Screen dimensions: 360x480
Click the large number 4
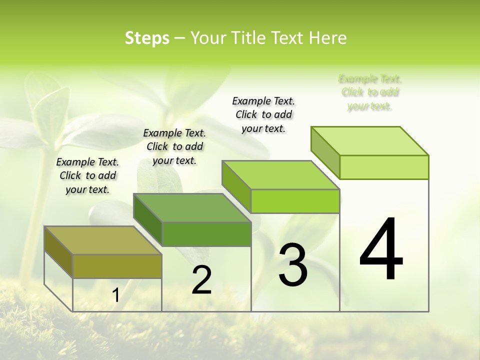tap(381, 250)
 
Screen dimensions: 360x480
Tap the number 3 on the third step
tap(293, 264)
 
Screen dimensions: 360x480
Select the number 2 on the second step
tap(202, 280)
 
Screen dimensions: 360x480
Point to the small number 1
tap(115, 295)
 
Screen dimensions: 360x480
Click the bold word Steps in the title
tap(147, 38)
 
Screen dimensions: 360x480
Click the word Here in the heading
tap(328, 38)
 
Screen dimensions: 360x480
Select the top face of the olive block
tap(102, 240)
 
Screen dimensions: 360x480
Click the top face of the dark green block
tap(192, 208)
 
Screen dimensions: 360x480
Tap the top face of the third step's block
tap(280, 175)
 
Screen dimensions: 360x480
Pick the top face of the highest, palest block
tap(370, 141)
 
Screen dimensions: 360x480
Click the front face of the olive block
tap(117, 266)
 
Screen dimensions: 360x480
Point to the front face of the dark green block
tap(206, 234)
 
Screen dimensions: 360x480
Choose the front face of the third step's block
tap(295, 201)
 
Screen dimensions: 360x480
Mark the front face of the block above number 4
tap(384, 167)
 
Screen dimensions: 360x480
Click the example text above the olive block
tap(87, 175)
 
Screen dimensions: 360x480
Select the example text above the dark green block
tap(174, 146)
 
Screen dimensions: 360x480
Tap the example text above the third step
tap(263, 114)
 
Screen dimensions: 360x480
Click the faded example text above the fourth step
tap(370, 92)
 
